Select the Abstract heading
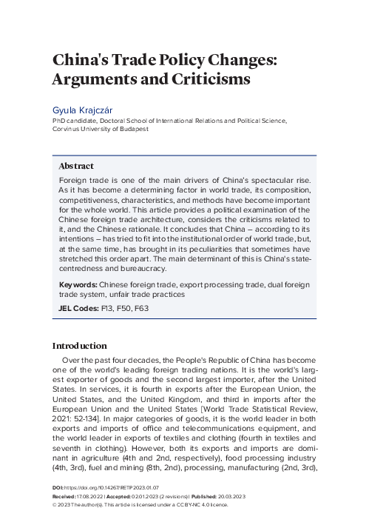[x=76, y=166]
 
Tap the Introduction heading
[x=80, y=346]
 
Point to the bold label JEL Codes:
[x=77, y=307]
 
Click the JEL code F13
[x=106, y=307]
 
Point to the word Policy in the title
[x=183, y=59]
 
